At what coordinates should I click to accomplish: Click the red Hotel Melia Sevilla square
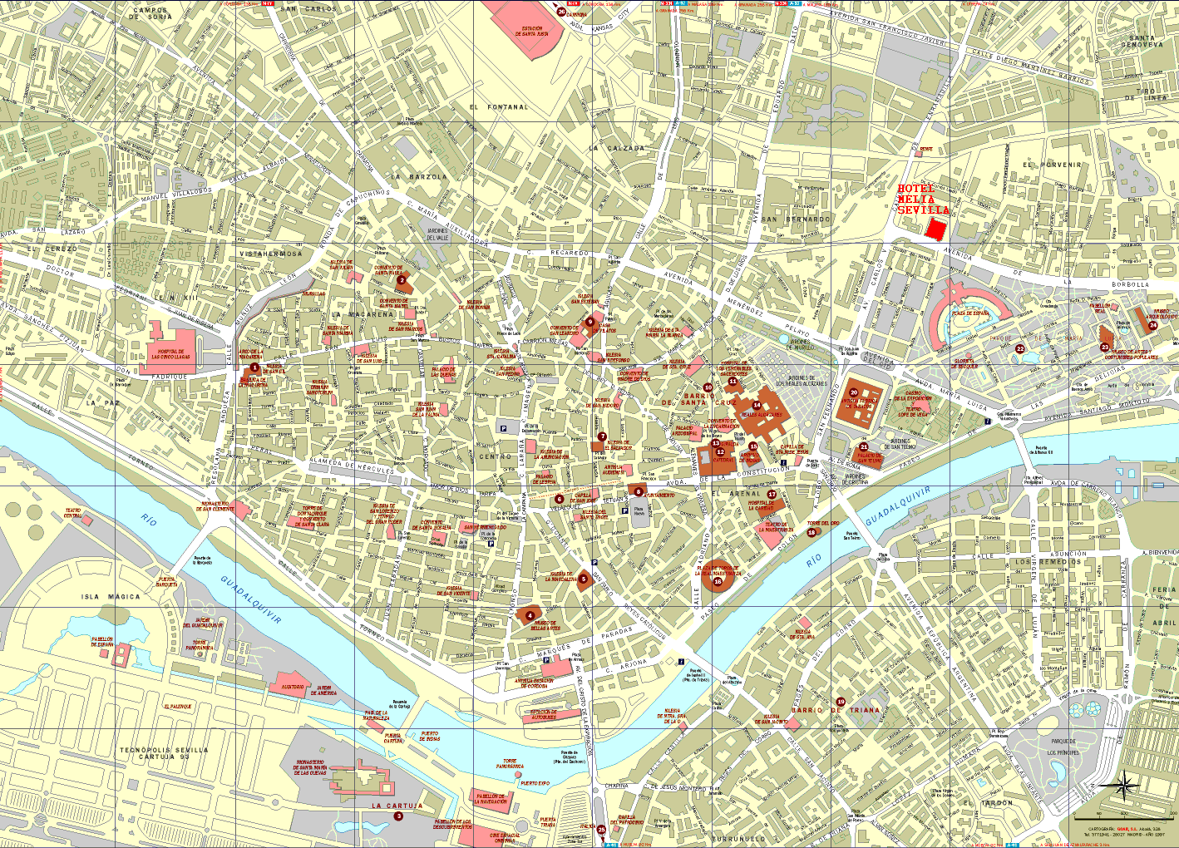pyautogui.click(x=937, y=229)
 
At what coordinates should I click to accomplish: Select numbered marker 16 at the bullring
pyautogui.click(x=718, y=581)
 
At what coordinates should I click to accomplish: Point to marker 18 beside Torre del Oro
pyautogui.click(x=811, y=533)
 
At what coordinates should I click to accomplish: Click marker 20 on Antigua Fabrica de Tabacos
pyautogui.click(x=854, y=392)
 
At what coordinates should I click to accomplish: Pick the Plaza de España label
pyautogui.click(x=970, y=313)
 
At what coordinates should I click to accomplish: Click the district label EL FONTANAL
pyautogui.click(x=498, y=107)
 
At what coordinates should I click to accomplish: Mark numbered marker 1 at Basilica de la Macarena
pyautogui.click(x=254, y=367)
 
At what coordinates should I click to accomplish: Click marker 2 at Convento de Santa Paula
pyautogui.click(x=402, y=281)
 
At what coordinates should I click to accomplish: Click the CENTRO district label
pyautogui.click(x=495, y=456)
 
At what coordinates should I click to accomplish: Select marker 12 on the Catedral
pyautogui.click(x=720, y=451)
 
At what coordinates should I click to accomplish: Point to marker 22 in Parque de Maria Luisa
pyautogui.click(x=1020, y=349)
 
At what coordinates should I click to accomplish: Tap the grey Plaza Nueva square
pyautogui.click(x=639, y=511)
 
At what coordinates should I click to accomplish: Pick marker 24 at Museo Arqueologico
pyautogui.click(x=1152, y=326)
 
